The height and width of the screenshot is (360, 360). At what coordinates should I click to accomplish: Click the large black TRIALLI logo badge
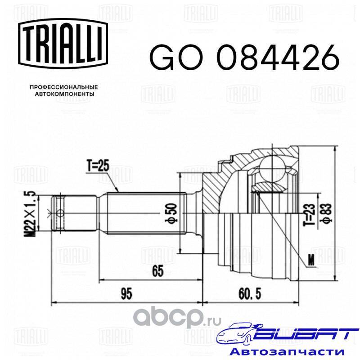tap(63, 43)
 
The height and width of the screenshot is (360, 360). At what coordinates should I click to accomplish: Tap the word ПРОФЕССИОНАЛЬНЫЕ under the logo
tap(64, 87)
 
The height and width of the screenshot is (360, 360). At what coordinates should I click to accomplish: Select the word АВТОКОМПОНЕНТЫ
tap(64, 94)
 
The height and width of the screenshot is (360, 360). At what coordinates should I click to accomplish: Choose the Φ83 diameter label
tap(326, 213)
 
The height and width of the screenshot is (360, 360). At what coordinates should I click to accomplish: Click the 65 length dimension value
tap(158, 271)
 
